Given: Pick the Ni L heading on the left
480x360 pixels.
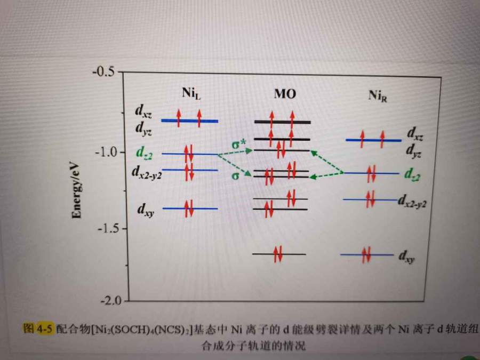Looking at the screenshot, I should point(190,94).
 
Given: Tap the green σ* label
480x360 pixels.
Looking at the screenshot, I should point(238,145).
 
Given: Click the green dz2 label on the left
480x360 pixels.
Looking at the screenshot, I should point(143,154).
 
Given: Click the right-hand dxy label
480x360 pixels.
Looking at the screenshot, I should point(406,258).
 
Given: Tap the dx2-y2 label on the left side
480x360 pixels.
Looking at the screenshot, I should point(146,172).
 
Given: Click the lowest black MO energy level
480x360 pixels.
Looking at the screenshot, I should point(279,254).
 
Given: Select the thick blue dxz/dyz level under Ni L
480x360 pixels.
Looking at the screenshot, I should point(189,121).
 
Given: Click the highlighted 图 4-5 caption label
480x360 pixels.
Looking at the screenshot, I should point(38,329).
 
